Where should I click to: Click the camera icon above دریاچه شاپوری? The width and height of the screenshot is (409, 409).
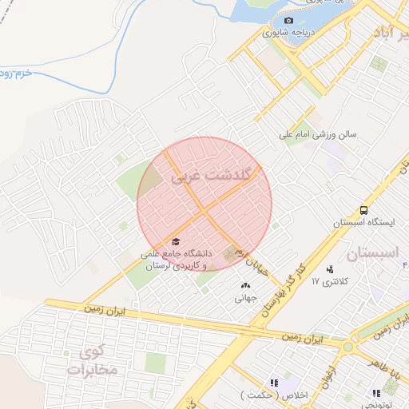pyautogui.click(x=288, y=21)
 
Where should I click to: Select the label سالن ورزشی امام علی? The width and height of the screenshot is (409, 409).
pyautogui.click(x=317, y=135)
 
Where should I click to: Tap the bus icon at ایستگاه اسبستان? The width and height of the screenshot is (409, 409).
pyautogui.click(x=364, y=211)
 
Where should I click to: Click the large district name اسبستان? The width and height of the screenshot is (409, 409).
pyautogui.click(x=372, y=255)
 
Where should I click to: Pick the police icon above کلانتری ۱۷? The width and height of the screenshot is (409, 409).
pyautogui.click(x=330, y=269)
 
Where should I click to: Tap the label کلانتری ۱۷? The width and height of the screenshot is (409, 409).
pyautogui.click(x=328, y=281)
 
